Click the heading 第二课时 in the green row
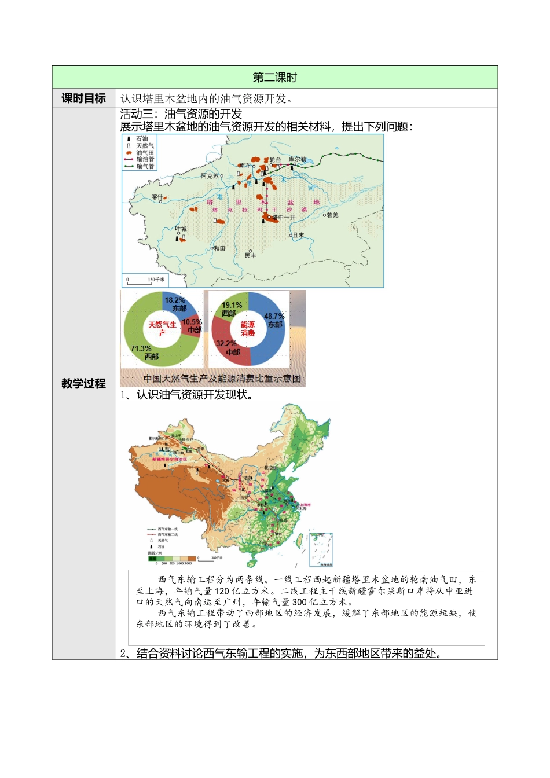pyautogui.click(x=274, y=78)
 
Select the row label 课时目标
pyautogui.click(x=83, y=98)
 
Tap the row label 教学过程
pyautogui.click(x=83, y=383)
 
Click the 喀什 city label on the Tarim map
pyautogui.click(x=157, y=197)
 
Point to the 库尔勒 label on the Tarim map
pyautogui.click(x=298, y=159)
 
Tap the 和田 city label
pyautogui.click(x=219, y=248)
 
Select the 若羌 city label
pyautogui.click(x=332, y=215)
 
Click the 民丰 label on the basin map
pyautogui.click(x=250, y=255)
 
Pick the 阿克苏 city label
pyautogui.click(x=210, y=176)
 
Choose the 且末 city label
pyautogui.click(x=298, y=236)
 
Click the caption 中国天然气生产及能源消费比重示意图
pyautogui.click(x=222, y=379)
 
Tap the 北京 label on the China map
pyautogui.click(x=269, y=468)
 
